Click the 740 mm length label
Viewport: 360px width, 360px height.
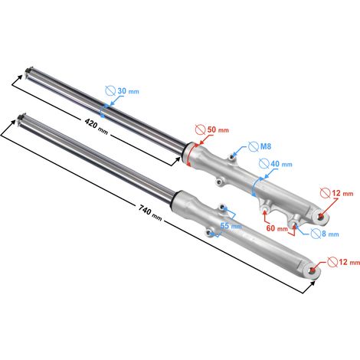[150, 212]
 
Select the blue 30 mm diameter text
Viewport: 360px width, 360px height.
[128, 91]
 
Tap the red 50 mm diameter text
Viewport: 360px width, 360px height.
[218, 129]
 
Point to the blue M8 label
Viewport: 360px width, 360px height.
[266, 146]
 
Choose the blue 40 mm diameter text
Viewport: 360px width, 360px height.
[281, 164]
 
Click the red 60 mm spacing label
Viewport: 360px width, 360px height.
[277, 228]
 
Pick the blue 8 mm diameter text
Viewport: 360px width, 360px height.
[330, 234]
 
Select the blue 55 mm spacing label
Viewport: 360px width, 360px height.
[231, 226]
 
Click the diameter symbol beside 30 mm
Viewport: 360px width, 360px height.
[110, 90]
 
